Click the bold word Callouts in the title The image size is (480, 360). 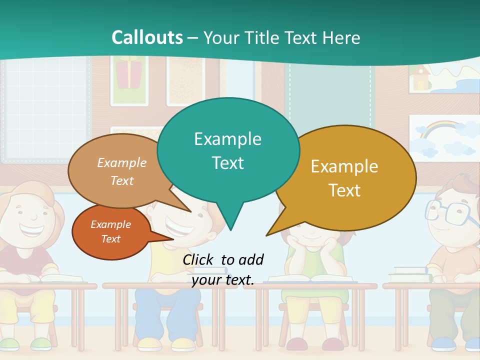point(147,37)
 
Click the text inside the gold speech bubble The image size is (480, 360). point(344,178)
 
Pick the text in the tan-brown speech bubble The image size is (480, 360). point(122,171)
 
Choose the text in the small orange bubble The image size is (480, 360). point(111,231)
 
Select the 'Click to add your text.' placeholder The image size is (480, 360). point(223,269)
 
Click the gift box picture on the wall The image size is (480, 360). point(129,73)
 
